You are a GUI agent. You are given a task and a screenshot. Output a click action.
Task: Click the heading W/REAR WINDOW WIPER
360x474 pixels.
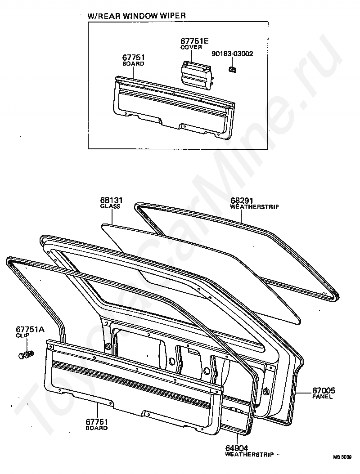pos(136,16)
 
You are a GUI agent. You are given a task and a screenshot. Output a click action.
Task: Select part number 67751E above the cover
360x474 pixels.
pos(194,41)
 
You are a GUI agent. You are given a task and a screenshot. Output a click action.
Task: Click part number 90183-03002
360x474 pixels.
pos(232,54)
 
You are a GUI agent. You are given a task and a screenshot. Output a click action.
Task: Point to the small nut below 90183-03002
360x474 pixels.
pos(232,69)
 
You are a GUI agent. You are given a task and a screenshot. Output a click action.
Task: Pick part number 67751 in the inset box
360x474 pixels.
pos(133,58)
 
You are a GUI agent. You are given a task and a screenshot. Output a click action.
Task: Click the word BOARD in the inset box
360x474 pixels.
pos(133,64)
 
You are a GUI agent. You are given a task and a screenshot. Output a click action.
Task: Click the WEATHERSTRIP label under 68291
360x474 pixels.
pos(254,207)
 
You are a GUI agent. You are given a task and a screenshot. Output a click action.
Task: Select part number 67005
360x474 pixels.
pos(323,391)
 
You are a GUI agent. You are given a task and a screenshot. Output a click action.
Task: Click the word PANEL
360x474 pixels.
pos(322,397)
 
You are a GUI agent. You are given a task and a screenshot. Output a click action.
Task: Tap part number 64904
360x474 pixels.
pos(236,448)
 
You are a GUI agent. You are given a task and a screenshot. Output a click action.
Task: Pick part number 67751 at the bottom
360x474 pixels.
pos(97,422)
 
